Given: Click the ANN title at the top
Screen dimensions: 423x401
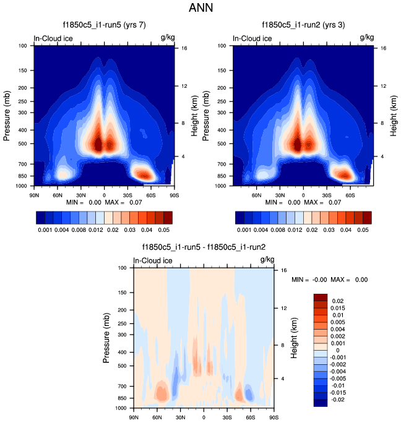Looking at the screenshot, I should [x=200, y=9].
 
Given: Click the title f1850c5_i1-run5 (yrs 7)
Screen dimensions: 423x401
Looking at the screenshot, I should [x=100, y=26].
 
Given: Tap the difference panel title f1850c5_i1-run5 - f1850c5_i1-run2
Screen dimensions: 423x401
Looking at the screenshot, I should [x=204, y=247].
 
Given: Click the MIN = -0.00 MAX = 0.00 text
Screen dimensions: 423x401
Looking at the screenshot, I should [x=330, y=280].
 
